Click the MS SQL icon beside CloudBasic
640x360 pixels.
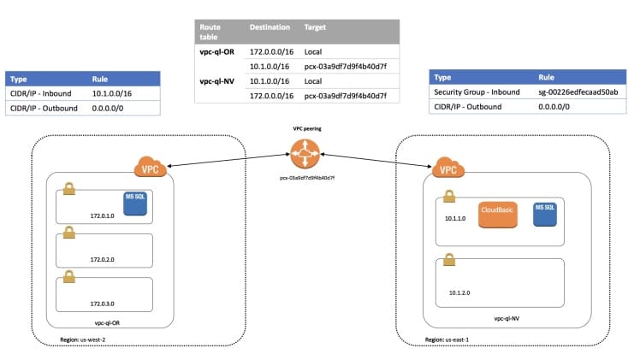(544, 213)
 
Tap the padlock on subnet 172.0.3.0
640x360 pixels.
(68, 278)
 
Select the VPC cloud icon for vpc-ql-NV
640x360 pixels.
(446, 168)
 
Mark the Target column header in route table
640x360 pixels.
(315, 27)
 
